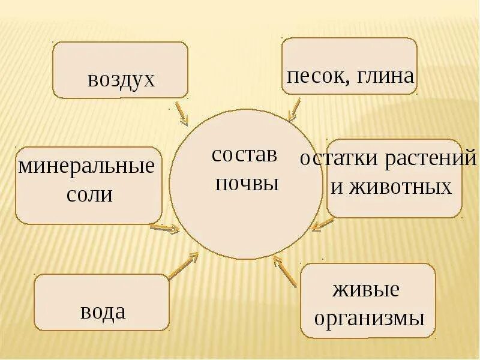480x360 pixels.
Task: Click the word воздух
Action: point(121,80)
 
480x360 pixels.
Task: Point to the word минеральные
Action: point(86,166)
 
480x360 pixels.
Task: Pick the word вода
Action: point(103,311)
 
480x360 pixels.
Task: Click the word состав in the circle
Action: point(245,155)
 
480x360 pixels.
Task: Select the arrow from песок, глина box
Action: point(294,110)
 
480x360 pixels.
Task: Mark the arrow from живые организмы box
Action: point(285,272)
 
